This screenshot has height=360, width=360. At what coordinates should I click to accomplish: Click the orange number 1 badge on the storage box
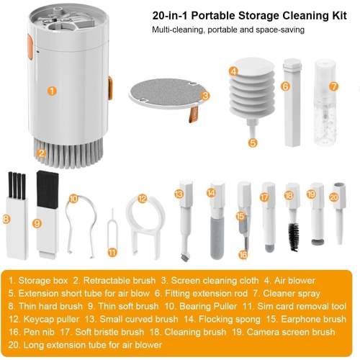tap(51, 91)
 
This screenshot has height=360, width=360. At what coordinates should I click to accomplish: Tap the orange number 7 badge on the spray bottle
tap(333, 86)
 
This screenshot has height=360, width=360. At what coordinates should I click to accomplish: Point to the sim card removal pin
tap(112, 230)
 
